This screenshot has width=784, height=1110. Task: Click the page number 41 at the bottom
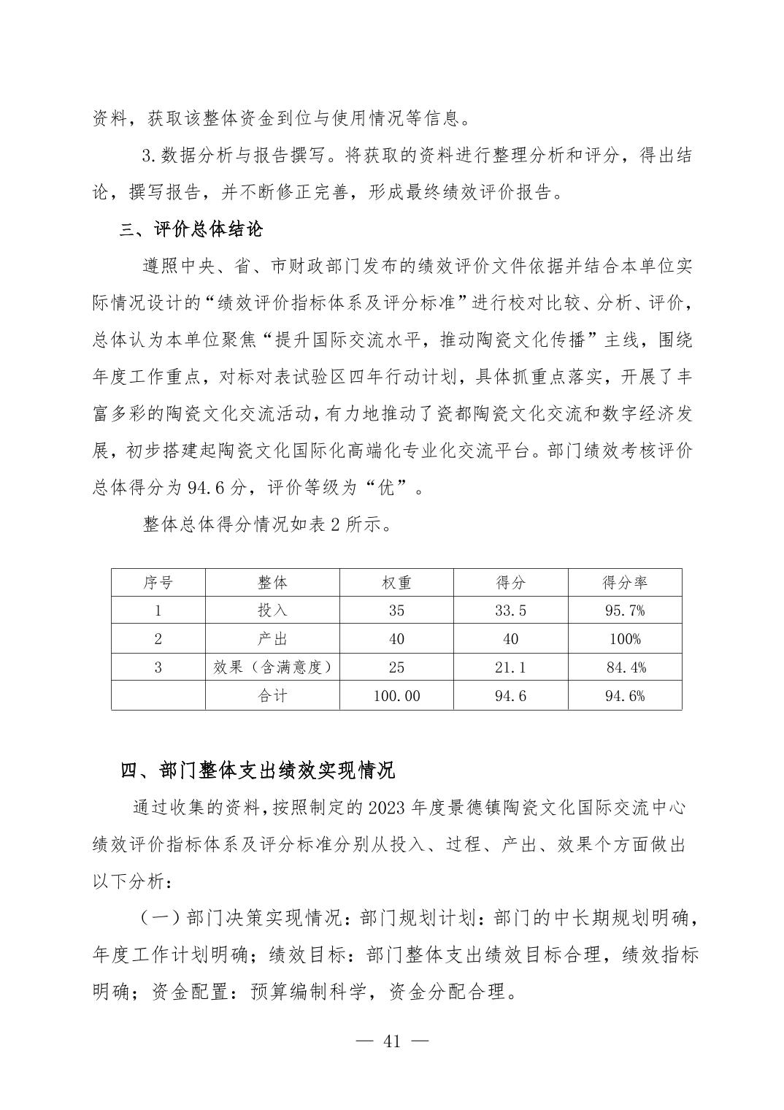(392, 1041)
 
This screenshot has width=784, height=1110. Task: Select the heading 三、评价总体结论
(191, 230)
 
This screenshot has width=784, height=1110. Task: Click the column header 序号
(158, 582)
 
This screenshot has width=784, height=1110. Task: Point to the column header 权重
(396, 582)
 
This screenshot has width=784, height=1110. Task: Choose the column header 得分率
(624, 582)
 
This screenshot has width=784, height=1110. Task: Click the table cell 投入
(272, 610)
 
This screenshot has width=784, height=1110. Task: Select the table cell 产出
(272, 639)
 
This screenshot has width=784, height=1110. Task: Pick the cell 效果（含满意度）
(272, 667)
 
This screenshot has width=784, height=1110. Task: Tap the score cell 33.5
(510, 610)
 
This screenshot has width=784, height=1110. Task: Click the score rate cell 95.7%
(624, 610)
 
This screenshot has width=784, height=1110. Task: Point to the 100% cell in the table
(624, 639)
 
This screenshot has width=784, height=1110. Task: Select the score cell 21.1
(510, 667)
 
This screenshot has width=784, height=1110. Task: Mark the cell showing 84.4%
(626, 667)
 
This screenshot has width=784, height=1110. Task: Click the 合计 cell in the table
(272, 696)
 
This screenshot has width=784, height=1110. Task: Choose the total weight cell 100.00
(396, 696)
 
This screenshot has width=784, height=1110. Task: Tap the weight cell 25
(396, 667)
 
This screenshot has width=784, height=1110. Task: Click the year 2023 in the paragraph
(390, 808)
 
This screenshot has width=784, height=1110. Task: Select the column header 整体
(272, 582)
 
